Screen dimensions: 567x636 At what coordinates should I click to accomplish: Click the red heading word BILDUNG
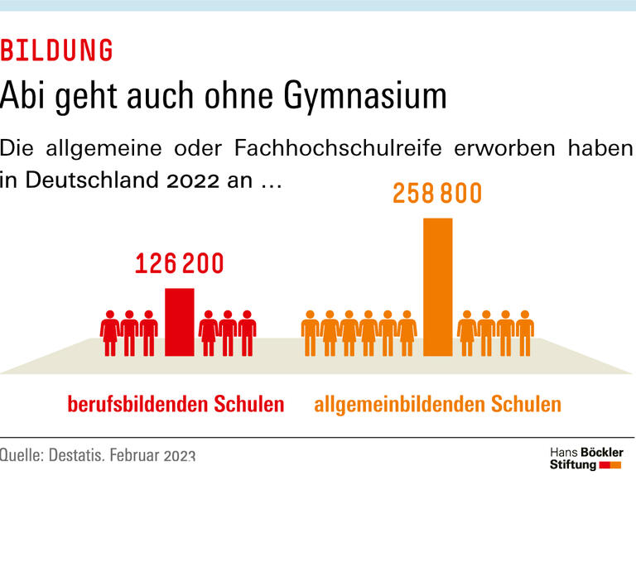click(x=56, y=51)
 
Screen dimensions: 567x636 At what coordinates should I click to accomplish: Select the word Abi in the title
click(x=21, y=96)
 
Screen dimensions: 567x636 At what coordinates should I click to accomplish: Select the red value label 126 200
click(x=180, y=264)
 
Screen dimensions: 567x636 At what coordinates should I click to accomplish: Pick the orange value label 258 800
click(x=437, y=194)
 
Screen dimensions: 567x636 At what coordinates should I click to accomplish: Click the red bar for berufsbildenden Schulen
click(x=180, y=322)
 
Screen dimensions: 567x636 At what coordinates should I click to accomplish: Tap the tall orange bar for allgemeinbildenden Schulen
click(x=437, y=286)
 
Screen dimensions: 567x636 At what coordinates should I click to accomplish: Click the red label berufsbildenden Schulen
click(x=176, y=405)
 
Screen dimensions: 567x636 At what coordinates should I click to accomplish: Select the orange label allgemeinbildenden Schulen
click(x=437, y=405)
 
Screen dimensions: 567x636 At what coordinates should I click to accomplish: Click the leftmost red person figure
click(x=109, y=334)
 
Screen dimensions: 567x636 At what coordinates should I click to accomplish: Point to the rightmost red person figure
click(x=247, y=334)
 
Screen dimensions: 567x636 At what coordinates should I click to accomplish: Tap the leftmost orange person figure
click(x=310, y=334)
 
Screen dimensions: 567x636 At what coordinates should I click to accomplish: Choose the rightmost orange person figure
click(x=525, y=334)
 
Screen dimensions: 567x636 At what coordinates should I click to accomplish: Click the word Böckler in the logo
click(x=602, y=453)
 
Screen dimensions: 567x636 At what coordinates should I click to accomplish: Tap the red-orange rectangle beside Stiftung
click(x=610, y=466)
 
